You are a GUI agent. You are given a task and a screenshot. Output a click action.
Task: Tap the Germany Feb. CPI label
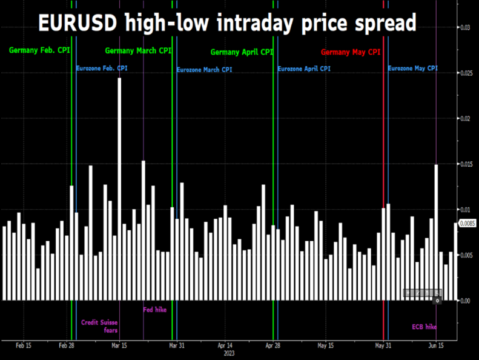39,50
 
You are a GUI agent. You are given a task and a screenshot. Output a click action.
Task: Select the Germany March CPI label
138,50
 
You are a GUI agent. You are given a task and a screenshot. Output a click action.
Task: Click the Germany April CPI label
242,52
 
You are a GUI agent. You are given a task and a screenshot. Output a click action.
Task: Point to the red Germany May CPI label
351,52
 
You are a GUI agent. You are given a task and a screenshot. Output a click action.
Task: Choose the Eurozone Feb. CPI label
102,68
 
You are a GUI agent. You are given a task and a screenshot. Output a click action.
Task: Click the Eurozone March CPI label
204,70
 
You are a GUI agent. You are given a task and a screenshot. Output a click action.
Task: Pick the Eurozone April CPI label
304,68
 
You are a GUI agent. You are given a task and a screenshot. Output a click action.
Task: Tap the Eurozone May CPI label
412,68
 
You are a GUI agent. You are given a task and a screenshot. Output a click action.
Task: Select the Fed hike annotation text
154,310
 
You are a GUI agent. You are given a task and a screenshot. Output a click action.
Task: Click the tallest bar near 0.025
119,188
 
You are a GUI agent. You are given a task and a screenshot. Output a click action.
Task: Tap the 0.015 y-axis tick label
466,164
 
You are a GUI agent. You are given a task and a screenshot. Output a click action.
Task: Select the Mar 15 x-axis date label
119,345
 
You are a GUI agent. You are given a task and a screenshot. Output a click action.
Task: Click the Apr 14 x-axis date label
224,345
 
